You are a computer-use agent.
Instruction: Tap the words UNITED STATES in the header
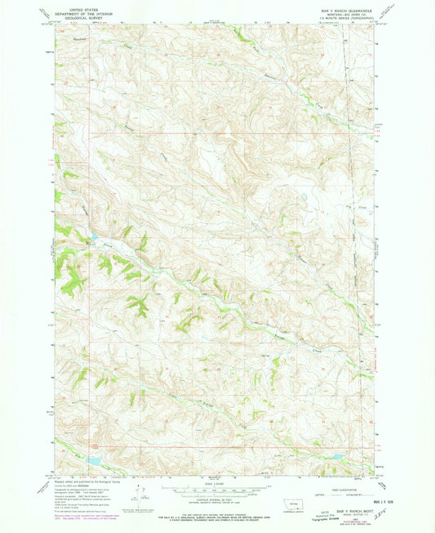click(x=85, y=5)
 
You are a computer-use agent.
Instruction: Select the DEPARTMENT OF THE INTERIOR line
click(x=85, y=10)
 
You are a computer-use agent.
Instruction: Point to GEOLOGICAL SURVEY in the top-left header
click(x=85, y=15)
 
